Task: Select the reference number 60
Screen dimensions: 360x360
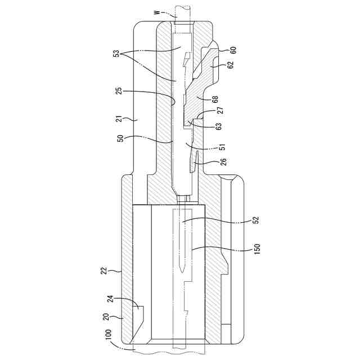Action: pyautogui.click(x=233, y=49)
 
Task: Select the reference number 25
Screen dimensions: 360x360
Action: pyautogui.click(x=119, y=91)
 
